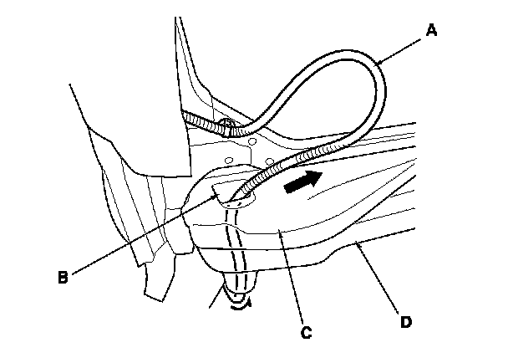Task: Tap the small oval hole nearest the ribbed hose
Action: [x=269, y=159]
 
